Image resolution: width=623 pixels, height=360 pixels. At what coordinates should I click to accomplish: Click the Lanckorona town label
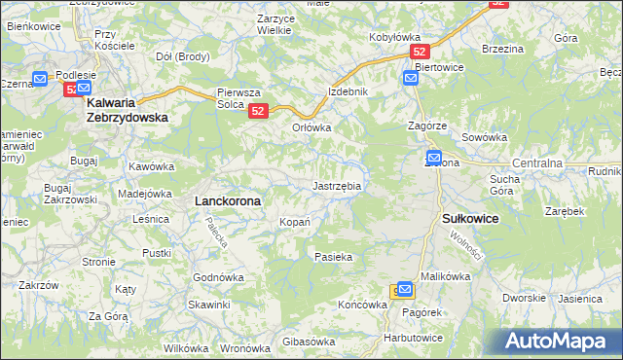click(228, 199)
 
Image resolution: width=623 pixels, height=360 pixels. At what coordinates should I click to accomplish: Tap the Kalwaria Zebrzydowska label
click(127, 108)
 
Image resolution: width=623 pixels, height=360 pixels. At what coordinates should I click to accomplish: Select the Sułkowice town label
click(470, 220)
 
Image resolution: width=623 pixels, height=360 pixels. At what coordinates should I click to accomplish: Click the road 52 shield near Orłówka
click(258, 112)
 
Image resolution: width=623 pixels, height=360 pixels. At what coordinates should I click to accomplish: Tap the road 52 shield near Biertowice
click(420, 52)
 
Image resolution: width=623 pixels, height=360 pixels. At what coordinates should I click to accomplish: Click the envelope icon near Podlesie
click(41, 78)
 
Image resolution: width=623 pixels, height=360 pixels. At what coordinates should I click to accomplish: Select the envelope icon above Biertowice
click(410, 76)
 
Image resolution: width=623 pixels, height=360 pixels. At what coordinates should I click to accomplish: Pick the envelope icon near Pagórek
click(405, 290)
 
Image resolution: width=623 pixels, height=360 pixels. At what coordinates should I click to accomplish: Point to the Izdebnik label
click(348, 91)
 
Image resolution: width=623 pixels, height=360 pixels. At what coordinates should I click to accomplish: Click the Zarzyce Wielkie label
click(261, 24)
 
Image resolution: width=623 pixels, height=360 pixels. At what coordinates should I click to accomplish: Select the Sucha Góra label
click(505, 185)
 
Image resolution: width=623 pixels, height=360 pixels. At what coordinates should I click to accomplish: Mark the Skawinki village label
click(209, 305)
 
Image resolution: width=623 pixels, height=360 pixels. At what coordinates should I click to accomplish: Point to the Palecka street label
click(215, 231)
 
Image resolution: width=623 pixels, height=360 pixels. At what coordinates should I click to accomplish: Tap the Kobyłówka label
click(394, 37)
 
